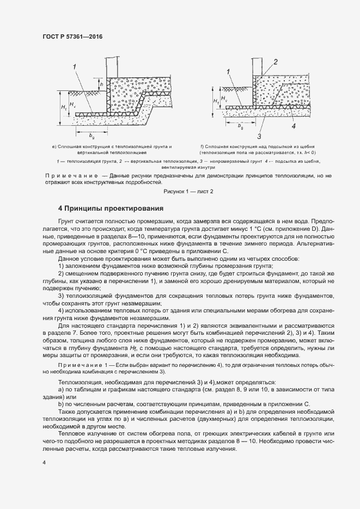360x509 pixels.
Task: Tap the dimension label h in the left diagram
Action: (x=100, y=84)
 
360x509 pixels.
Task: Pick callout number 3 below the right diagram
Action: (x=260, y=136)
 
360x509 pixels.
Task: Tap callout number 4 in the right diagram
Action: (x=293, y=126)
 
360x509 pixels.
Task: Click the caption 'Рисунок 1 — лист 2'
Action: (x=188, y=191)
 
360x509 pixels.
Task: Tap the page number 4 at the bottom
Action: (x=44, y=462)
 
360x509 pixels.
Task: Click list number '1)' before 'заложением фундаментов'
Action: (x=61, y=266)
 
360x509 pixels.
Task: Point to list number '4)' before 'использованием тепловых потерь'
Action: (x=61, y=310)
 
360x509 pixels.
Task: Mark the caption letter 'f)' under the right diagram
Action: (x=202, y=146)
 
